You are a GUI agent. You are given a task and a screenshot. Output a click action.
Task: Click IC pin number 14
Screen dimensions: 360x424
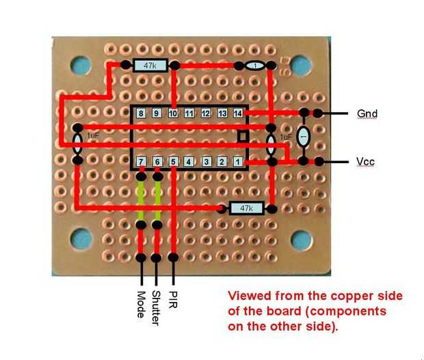pos(238,113)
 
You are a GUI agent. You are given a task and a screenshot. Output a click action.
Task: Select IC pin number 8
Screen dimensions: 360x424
pos(140,113)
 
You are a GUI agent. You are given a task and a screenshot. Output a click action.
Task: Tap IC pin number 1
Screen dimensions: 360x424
pos(238,163)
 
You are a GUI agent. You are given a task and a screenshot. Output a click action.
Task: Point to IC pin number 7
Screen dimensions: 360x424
pos(141,163)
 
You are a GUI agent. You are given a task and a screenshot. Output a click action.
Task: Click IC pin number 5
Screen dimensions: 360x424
pos(174,163)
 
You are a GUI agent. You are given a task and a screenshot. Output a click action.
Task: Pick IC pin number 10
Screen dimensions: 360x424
pos(173,113)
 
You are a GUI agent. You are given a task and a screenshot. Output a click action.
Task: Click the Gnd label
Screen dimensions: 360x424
pos(367,113)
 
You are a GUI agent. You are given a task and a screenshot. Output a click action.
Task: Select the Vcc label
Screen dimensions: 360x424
pos(366,162)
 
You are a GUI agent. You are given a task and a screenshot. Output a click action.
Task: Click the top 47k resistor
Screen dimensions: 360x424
pos(150,66)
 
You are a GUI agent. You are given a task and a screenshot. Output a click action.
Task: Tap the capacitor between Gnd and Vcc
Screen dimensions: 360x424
pos(304,137)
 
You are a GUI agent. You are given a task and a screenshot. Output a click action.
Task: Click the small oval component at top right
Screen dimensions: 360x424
pos(255,66)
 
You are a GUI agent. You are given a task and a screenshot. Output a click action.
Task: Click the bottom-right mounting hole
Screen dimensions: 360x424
pos(302,239)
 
